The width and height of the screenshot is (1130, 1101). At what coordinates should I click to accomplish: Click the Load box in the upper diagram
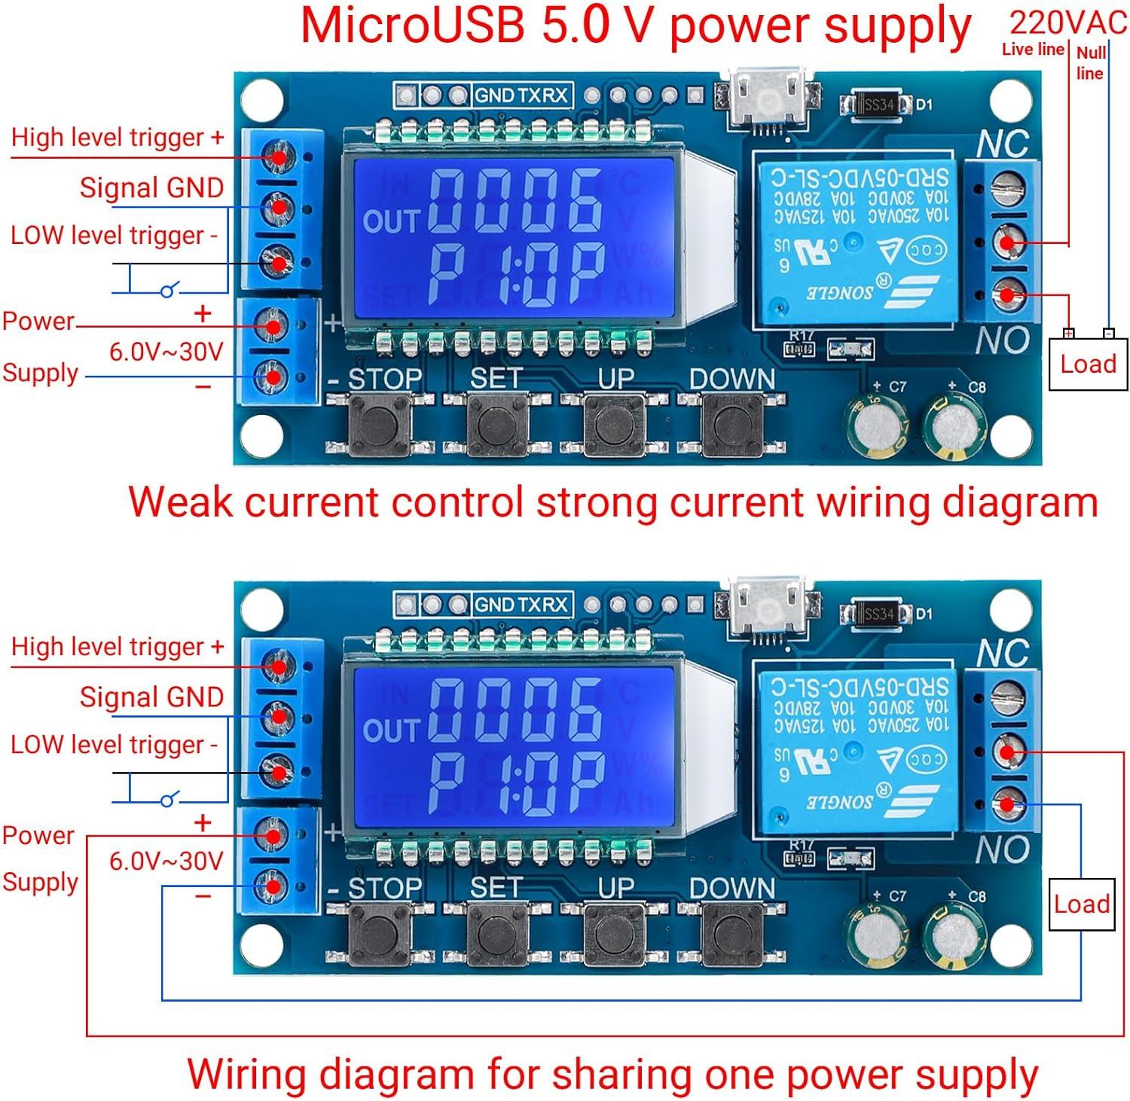tap(1087, 364)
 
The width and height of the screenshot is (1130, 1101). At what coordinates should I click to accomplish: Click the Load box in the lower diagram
tap(1081, 904)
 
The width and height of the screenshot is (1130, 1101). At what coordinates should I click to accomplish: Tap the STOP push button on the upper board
tap(380, 425)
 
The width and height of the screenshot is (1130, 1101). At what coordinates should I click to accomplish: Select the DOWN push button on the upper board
tap(731, 425)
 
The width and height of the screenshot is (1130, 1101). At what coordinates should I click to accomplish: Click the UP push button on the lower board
tap(615, 934)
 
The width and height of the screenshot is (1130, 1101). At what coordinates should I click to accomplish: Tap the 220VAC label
tap(1067, 23)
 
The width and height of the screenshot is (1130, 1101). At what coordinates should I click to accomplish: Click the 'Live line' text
tap(1032, 50)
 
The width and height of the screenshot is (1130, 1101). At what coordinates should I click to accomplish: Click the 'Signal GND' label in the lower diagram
tap(151, 697)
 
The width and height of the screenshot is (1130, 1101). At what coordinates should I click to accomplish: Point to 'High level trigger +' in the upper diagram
tap(118, 138)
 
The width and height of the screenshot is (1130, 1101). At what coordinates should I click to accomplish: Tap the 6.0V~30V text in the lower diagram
tap(166, 861)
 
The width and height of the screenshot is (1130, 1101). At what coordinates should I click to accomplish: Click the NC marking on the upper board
tap(1003, 144)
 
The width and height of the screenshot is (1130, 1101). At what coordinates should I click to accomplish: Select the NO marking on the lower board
tap(1002, 850)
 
